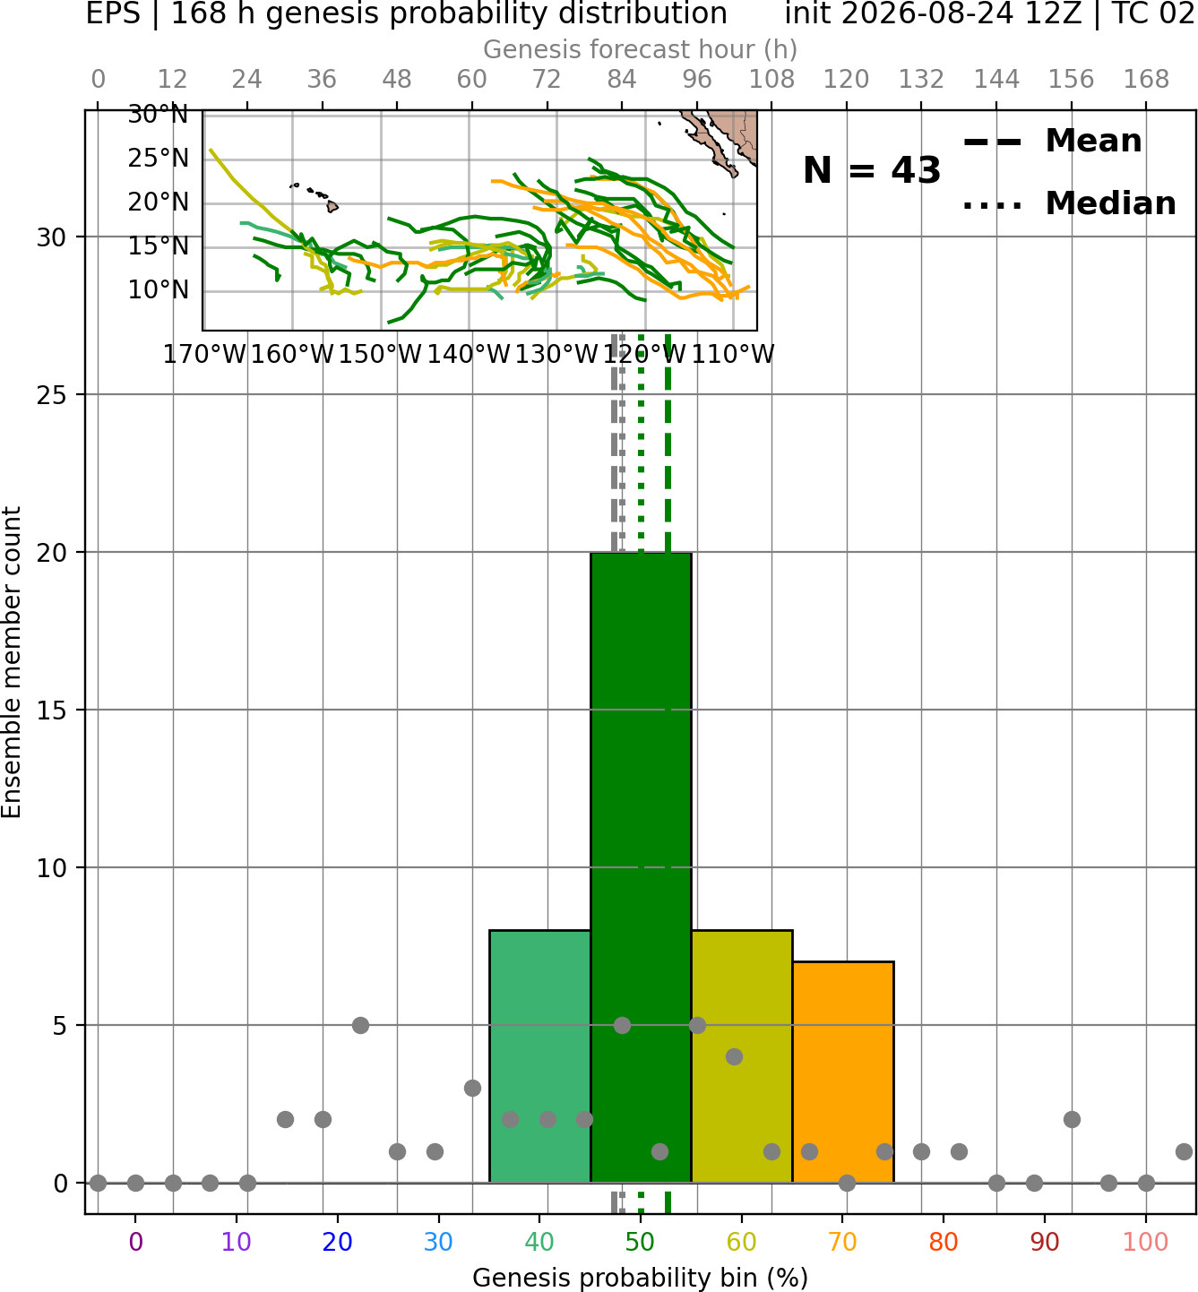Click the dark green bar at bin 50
641,867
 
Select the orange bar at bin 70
842,1072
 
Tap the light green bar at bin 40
539,1056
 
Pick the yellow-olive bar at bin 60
742,1056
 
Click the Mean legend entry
1052,141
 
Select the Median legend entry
1069,203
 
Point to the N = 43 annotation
871,170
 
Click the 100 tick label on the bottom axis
1146,1242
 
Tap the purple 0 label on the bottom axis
135,1242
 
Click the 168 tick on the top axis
1146,80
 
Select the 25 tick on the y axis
51,394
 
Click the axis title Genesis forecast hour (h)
641,49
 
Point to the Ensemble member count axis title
11,662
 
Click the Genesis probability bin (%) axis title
641,1278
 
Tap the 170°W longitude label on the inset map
203,355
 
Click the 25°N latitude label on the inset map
158,158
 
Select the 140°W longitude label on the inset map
469,355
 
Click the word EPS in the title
113,13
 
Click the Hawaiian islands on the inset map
315,196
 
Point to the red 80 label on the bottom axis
944,1242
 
